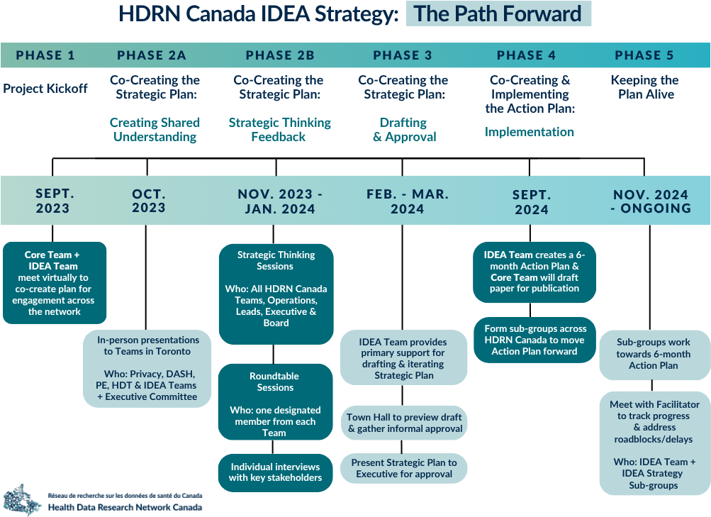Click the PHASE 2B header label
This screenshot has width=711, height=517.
(x=280, y=55)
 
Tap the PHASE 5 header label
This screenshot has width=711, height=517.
(x=644, y=55)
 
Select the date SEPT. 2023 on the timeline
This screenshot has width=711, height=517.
(x=53, y=201)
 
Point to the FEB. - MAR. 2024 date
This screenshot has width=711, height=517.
(x=407, y=201)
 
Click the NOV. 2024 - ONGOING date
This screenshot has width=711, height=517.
(x=651, y=201)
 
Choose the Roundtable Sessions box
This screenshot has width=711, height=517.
(x=275, y=402)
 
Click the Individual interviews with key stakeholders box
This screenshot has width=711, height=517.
(x=275, y=472)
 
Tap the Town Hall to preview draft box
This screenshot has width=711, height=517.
(x=403, y=423)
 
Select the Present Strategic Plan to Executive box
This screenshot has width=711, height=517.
(x=403, y=469)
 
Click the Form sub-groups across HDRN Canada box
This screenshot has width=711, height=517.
(x=534, y=340)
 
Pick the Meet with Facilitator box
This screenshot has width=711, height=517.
(x=654, y=443)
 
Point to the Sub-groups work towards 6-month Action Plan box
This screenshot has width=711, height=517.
(x=654, y=355)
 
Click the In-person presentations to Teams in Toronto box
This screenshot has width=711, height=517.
(x=147, y=368)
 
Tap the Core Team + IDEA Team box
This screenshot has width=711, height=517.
(x=55, y=283)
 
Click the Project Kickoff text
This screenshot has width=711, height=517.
(x=45, y=89)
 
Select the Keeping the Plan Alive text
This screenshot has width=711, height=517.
(x=645, y=87)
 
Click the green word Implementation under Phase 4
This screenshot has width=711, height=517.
(x=529, y=132)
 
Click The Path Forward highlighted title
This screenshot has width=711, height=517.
(x=498, y=13)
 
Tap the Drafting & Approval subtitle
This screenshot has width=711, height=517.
(x=404, y=130)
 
